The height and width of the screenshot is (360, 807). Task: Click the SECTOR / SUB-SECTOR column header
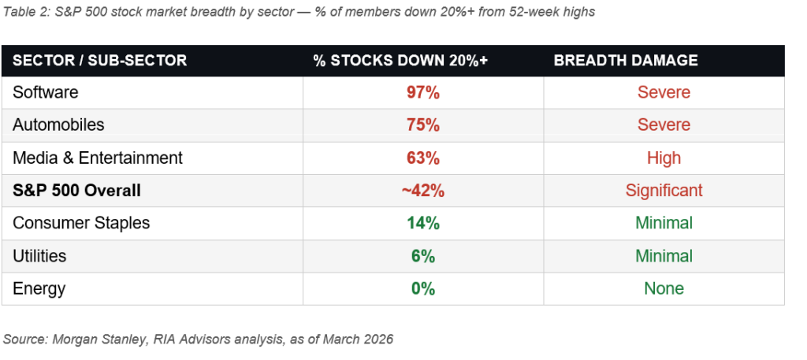coord(99,61)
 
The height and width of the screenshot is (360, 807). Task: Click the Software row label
coord(46,92)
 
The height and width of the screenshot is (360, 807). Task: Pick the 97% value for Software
coord(422,92)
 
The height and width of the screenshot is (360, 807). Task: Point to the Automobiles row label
coord(58,125)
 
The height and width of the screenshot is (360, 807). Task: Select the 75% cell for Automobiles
coord(422,125)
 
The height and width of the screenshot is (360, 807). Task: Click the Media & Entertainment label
coord(98,158)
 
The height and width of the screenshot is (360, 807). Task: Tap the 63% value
coord(422,158)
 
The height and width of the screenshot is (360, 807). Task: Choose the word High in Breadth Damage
coord(664,158)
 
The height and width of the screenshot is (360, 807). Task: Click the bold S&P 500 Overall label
coord(78,191)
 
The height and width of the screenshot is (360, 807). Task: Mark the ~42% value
coord(422,191)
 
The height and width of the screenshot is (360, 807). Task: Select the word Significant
coord(664,191)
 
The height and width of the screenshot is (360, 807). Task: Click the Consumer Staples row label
coord(81,223)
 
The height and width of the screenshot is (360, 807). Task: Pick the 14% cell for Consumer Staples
coord(422,223)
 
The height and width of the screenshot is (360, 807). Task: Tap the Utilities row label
coord(39,256)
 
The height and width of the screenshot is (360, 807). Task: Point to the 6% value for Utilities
coord(422,256)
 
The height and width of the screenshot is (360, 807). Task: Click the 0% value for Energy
coord(422,289)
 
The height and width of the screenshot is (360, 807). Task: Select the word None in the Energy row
coord(664,289)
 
